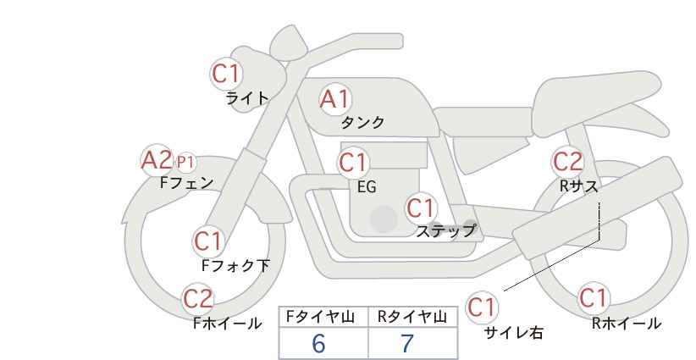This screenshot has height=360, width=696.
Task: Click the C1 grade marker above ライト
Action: click(x=226, y=74)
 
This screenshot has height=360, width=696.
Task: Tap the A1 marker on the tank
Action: click(x=335, y=99)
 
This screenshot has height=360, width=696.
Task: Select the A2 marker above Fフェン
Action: click(x=157, y=160)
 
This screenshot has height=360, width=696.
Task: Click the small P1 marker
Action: click(x=185, y=163)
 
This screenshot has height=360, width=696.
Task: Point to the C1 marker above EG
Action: click(x=353, y=163)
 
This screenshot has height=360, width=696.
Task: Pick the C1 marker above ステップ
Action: click(x=421, y=208)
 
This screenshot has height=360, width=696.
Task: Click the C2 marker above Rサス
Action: click(x=567, y=162)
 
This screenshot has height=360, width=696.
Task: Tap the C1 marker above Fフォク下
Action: click(x=208, y=241)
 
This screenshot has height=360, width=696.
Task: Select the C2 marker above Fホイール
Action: click(x=198, y=299)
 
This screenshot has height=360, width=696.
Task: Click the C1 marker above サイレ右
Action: click(x=482, y=307)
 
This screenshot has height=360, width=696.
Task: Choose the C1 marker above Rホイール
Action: click(x=594, y=298)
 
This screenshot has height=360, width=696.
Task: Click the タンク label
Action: click(x=362, y=122)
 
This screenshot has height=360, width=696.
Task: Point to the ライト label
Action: click(x=247, y=98)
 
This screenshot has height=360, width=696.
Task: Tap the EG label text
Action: click(x=367, y=187)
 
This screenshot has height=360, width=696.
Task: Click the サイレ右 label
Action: click(x=513, y=333)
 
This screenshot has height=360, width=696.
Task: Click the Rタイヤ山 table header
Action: click(x=412, y=317)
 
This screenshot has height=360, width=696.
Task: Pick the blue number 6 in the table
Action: click(x=318, y=343)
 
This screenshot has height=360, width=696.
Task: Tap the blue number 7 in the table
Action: click(x=406, y=343)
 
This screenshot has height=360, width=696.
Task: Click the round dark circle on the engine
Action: click(x=384, y=219)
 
